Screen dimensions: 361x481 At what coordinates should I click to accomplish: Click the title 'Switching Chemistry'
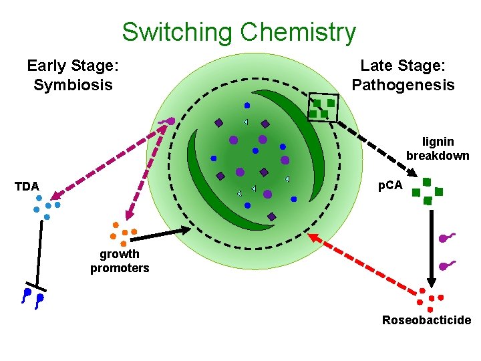pos(238,31)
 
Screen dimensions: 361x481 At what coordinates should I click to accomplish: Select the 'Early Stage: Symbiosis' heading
pos(73,75)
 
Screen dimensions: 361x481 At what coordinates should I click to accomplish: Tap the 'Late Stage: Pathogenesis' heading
pos(403,75)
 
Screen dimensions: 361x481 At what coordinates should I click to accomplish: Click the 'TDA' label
pos(27,187)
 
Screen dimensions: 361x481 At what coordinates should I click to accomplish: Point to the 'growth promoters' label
pos(120,261)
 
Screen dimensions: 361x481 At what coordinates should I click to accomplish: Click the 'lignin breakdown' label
pos(438,148)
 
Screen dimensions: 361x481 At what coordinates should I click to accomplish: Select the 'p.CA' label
pos(390,185)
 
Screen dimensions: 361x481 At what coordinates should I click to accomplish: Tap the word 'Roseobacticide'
pos(426,320)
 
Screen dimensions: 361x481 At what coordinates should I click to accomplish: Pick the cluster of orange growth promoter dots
pos(122,231)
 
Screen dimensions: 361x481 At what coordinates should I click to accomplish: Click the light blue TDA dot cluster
pos(47,207)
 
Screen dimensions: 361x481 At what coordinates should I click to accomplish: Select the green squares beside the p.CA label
pos(427,189)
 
